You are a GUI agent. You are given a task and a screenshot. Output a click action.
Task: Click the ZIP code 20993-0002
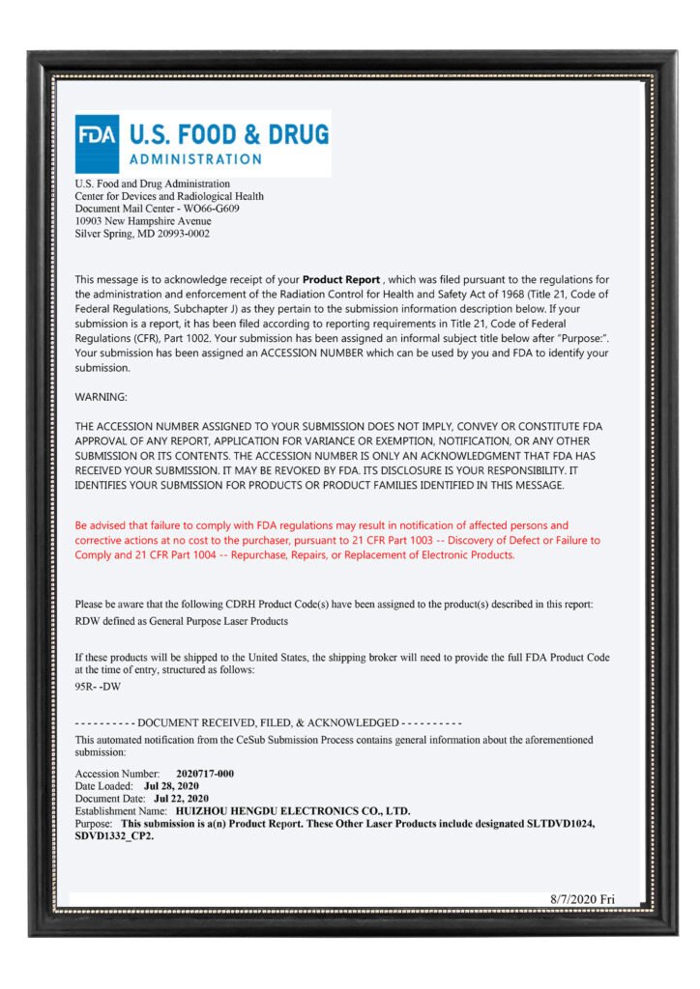point(177,234)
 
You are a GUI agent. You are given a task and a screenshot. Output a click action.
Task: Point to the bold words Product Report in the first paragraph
point(343,279)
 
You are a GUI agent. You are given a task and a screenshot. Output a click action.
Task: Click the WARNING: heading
point(101,397)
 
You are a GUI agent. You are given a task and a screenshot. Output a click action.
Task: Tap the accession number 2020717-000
point(205,774)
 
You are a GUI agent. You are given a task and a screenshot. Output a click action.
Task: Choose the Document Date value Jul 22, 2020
point(177,799)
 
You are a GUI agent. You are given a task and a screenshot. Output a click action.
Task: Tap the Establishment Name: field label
point(122,811)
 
